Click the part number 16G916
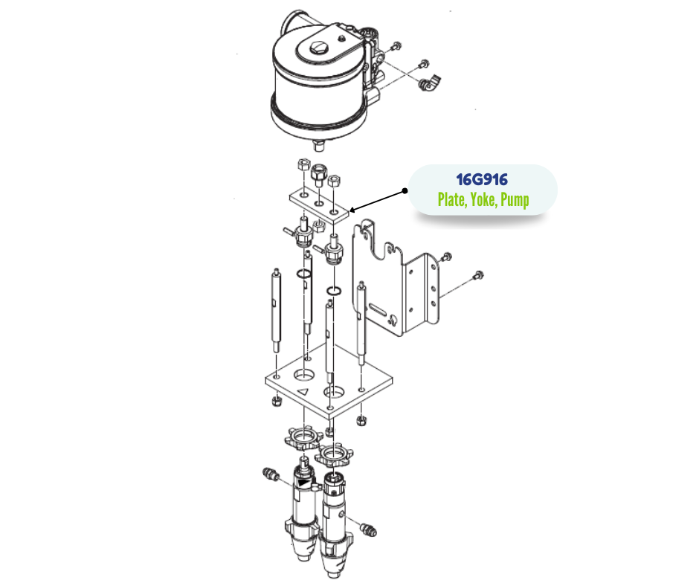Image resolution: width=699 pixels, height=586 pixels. (x=482, y=180)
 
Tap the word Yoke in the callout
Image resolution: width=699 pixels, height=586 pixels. (x=483, y=199)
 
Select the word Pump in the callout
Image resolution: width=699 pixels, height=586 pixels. (x=515, y=200)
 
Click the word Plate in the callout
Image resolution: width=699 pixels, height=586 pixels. (x=452, y=199)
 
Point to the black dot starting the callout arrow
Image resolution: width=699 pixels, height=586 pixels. (x=405, y=191)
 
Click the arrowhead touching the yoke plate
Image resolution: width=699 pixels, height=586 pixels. (x=353, y=210)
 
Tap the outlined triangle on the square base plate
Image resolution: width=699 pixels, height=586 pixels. (x=303, y=392)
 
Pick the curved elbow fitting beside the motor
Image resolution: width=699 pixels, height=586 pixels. (x=430, y=83)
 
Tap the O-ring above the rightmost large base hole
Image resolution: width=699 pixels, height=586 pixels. (x=335, y=291)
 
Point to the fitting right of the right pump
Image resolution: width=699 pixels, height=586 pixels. (x=368, y=530)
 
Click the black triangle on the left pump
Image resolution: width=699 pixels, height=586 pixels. (x=303, y=483)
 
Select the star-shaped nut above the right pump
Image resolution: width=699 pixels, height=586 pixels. (x=333, y=455)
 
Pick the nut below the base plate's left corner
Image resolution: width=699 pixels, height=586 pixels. (x=277, y=401)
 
